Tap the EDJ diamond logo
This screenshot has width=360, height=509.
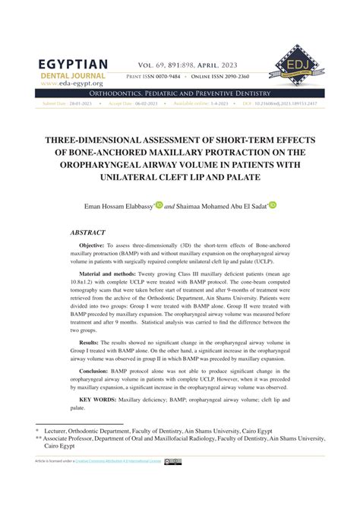pyautogui.click(x=294, y=63)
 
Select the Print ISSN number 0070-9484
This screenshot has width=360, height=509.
pyautogui.click(x=185, y=77)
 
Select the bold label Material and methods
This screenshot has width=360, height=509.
pyautogui.click(x=112, y=273)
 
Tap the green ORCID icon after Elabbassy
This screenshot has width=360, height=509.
pyautogui.click(x=159, y=204)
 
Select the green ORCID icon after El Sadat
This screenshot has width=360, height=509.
pyautogui.click(x=272, y=204)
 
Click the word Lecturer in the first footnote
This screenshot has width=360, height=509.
pyautogui.click(x=60, y=430)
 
